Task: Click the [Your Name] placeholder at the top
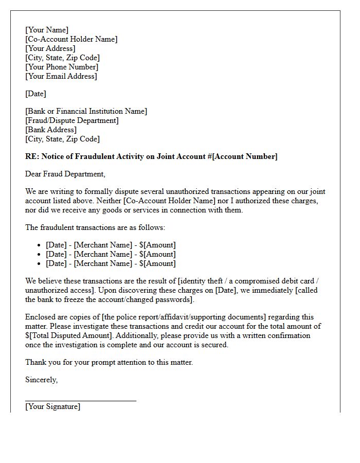(47, 30)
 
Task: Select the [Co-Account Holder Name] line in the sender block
(71, 39)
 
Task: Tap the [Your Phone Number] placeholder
(62, 67)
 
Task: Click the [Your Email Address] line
(61, 76)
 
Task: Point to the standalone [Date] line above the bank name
(35, 94)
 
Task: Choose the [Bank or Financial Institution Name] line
(86, 111)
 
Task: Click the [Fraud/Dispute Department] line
(72, 120)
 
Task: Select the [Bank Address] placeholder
(51, 130)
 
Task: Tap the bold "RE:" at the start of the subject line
(32, 156)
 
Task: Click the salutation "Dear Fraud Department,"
(65, 174)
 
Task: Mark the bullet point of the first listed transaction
(40, 245)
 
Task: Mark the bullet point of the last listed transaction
(40, 264)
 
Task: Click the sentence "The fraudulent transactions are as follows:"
(95, 227)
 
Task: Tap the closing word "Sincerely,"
(42, 380)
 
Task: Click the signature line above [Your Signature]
(81, 400)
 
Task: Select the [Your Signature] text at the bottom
(52, 406)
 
